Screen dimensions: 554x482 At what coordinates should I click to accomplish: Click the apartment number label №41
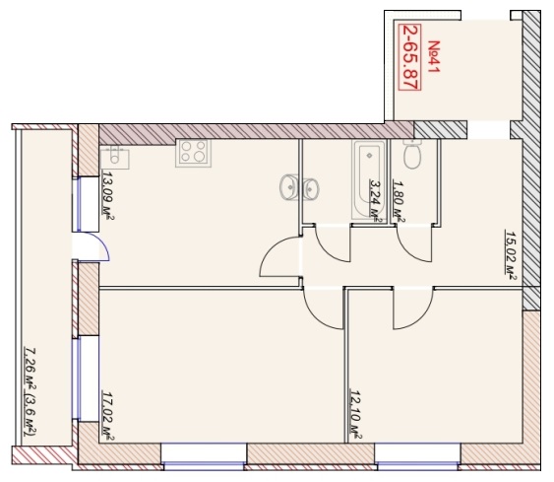point(434,56)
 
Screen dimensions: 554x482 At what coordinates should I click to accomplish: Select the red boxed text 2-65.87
point(409,57)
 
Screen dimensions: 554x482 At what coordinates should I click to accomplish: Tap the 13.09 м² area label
point(108,196)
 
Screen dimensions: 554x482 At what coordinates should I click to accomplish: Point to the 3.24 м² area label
point(376,201)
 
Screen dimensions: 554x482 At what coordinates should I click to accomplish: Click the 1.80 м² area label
point(399,201)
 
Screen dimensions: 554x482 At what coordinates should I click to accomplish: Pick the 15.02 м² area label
point(511,255)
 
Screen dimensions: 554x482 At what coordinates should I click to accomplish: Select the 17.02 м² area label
point(108,416)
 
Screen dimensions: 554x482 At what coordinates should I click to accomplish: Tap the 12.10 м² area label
point(355,414)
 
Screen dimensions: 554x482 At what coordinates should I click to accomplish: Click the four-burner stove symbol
point(193,153)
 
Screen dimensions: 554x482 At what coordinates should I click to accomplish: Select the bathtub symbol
point(368,178)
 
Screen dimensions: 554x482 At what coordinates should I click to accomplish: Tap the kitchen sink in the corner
point(114,157)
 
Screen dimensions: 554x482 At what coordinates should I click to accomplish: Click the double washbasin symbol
point(299,187)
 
